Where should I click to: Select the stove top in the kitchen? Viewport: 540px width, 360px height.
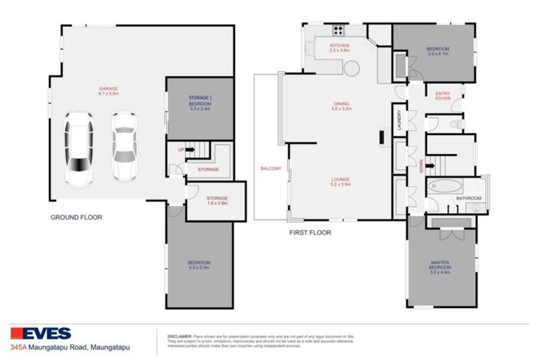pyautogui.click(x=338, y=30)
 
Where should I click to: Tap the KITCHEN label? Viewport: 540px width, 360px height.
pyautogui.click(x=340, y=47)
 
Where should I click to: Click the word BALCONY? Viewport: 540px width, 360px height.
pyautogui.click(x=271, y=169)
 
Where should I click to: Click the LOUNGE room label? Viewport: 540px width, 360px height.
pyautogui.click(x=340, y=181)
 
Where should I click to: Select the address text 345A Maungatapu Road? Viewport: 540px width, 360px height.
pyautogui.click(x=71, y=347)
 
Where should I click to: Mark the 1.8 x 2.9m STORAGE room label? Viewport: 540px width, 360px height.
pyautogui.click(x=217, y=200)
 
